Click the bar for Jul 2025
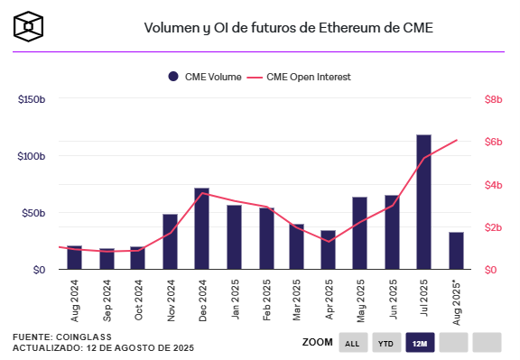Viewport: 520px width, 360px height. pos(423,202)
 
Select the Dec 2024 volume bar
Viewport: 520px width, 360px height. pos(202,229)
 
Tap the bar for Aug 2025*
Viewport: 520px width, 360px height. pos(457,251)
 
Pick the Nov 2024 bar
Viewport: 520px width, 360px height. pos(170,242)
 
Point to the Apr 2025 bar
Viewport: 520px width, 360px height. pos(328,250)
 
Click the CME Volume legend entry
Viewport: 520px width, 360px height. pos(204,77)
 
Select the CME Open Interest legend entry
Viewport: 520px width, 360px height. pos(305,77)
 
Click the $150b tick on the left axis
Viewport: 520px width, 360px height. pos(32,98)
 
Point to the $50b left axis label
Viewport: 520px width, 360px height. pos(33,213)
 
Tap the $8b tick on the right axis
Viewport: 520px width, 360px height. pos(493,98)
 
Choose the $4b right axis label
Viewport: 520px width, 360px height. pos(493,184)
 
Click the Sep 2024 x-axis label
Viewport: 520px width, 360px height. pos(107,300)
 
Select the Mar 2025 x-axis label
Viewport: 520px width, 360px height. pos(297,300)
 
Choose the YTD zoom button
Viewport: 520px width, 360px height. pos(385,343)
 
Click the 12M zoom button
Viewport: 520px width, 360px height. pos(419,343)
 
